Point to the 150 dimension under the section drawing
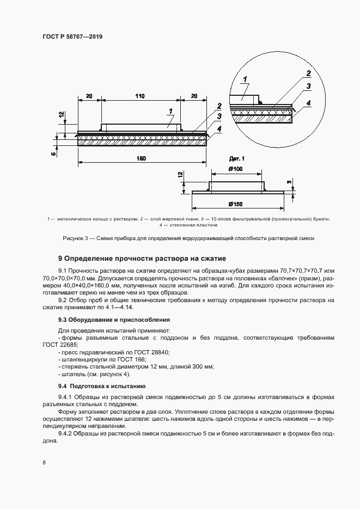click(x=141, y=158)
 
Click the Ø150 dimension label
click(x=236, y=204)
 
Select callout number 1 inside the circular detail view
click(x=245, y=80)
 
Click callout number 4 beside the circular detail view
click(x=308, y=102)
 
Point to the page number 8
click(x=43, y=463)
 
